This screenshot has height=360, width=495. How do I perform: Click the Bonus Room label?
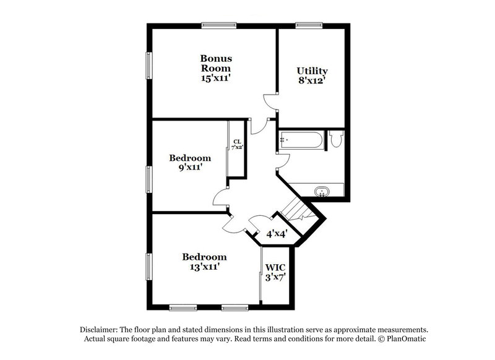tap(215, 62)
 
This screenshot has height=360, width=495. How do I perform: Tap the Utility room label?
tap(312, 71)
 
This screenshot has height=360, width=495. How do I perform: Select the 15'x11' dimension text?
tap(215, 79)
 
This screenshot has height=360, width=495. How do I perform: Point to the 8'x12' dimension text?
tap(312, 80)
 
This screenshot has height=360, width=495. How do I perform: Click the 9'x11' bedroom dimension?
tap(190, 167)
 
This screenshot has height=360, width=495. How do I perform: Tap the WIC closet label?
tap(275, 267)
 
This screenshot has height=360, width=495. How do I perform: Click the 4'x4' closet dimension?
tap(276, 234)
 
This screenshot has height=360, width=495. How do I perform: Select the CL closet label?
tap(236, 142)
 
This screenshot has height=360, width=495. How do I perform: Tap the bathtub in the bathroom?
tap(301, 140)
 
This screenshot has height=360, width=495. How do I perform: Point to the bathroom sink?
tap(322, 191)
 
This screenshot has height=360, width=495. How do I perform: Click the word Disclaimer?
tap(100, 329)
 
